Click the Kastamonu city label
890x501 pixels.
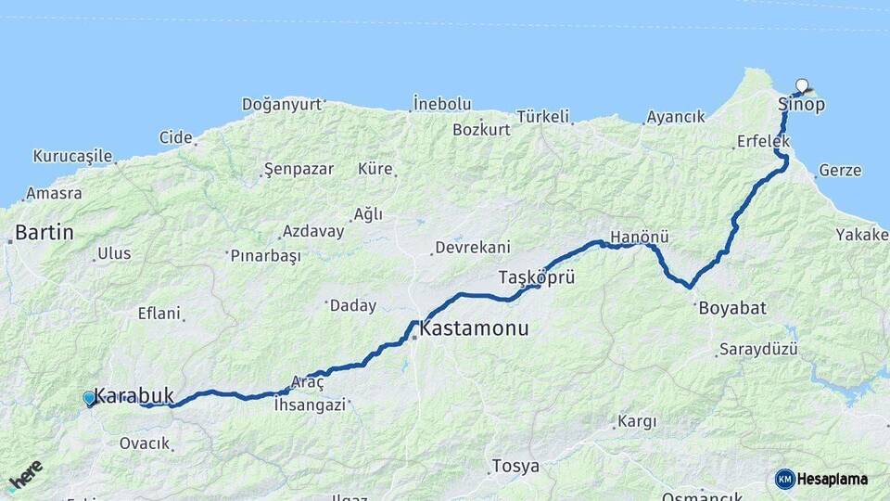(x=474, y=328)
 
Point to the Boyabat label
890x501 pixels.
(x=732, y=308)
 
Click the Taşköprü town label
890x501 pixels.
(x=537, y=277)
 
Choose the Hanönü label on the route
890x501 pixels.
(x=640, y=237)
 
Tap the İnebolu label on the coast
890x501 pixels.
(x=442, y=104)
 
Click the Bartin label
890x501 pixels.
(x=44, y=232)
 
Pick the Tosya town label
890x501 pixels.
(x=515, y=466)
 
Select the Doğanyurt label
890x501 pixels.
(x=281, y=104)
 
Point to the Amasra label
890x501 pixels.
(x=54, y=194)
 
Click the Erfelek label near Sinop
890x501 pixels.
(x=763, y=141)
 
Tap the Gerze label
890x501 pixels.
(x=840, y=171)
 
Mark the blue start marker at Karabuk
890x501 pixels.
(x=89, y=398)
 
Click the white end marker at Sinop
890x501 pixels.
(x=802, y=85)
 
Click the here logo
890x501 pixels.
(x=25, y=475)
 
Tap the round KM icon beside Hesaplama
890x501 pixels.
(x=784, y=479)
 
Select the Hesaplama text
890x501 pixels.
(x=833, y=479)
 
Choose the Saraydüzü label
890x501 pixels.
(x=758, y=350)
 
